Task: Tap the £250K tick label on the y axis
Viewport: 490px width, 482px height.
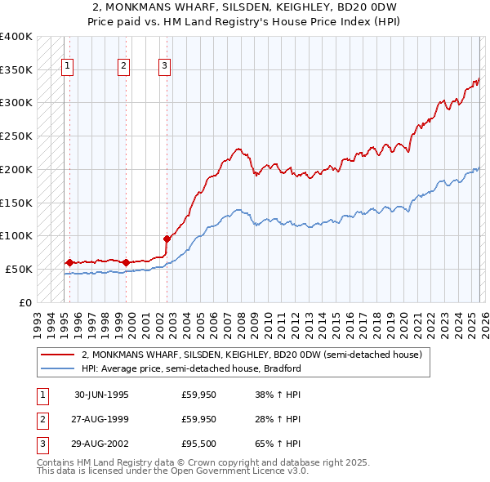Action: (16, 136)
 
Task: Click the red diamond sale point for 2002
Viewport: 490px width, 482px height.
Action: (167, 239)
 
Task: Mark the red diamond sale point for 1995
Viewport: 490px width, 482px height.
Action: (69, 262)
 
